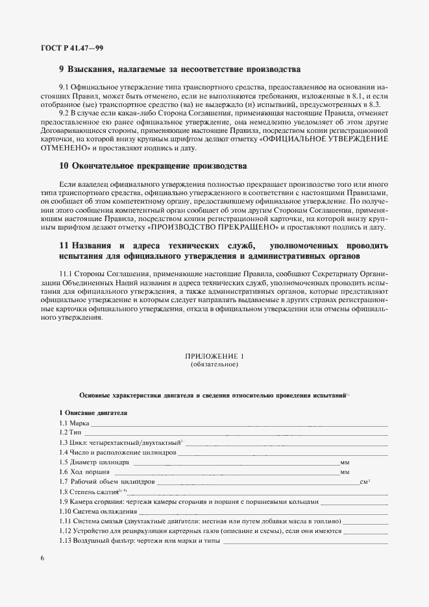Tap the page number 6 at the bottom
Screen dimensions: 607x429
[42, 558]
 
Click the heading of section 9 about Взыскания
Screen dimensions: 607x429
[179, 69]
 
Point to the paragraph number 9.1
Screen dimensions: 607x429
[64, 86]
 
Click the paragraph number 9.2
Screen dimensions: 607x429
[64, 111]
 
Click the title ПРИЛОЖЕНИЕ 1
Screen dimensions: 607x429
[214, 357]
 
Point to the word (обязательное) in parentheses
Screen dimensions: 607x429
[214, 364]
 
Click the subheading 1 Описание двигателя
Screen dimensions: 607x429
[93, 413]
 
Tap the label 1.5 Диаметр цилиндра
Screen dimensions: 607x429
[95, 462]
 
